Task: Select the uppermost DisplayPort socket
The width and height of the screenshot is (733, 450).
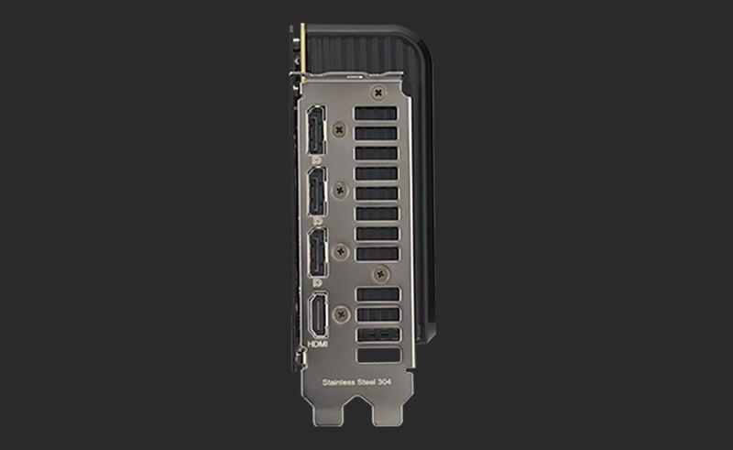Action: (316, 131)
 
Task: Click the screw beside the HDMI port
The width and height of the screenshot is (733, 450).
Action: (342, 314)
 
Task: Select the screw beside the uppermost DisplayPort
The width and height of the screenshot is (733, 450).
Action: (341, 131)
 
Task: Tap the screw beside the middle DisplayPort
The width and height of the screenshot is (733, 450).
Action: (341, 191)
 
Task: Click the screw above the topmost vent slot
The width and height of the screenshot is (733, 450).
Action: (377, 93)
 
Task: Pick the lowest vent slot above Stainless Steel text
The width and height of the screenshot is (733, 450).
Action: (377, 355)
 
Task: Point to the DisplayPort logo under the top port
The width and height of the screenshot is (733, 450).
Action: (316, 159)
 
